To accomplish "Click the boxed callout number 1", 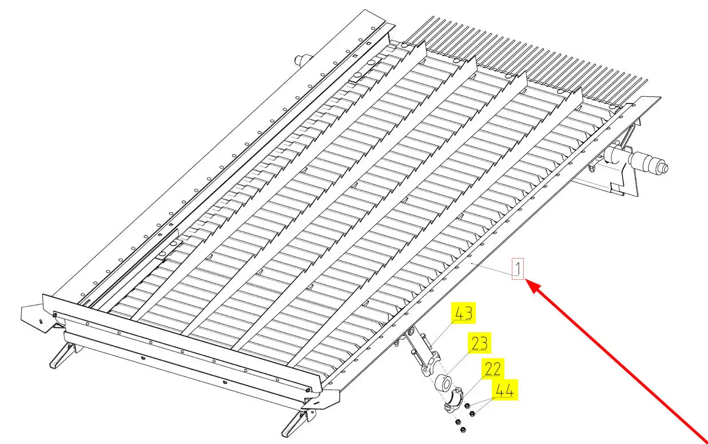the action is click(x=518, y=268).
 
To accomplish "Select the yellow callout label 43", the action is click(x=464, y=314).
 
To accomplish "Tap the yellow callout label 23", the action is click(x=479, y=343).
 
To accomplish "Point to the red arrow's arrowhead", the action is click(x=529, y=284).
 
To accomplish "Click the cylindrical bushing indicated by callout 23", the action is click(x=443, y=383).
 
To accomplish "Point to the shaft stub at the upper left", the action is click(x=301, y=60).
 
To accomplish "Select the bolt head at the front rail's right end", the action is click(x=309, y=390).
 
